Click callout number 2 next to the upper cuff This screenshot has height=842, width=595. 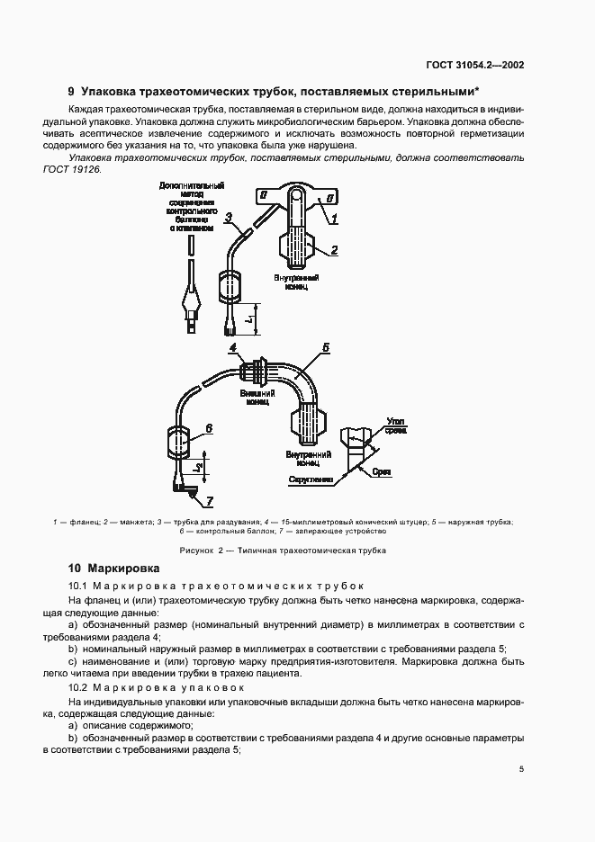point(333,250)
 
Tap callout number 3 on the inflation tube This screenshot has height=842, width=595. point(229,217)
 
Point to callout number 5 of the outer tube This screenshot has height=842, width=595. point(325,346)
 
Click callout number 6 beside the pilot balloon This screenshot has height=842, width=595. point(208,428)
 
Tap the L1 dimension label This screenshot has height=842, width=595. point(248,318)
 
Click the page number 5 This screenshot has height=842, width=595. point(522,769)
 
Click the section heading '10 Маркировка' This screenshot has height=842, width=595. point(114,569)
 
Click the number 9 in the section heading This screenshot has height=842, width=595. point(71,91)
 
